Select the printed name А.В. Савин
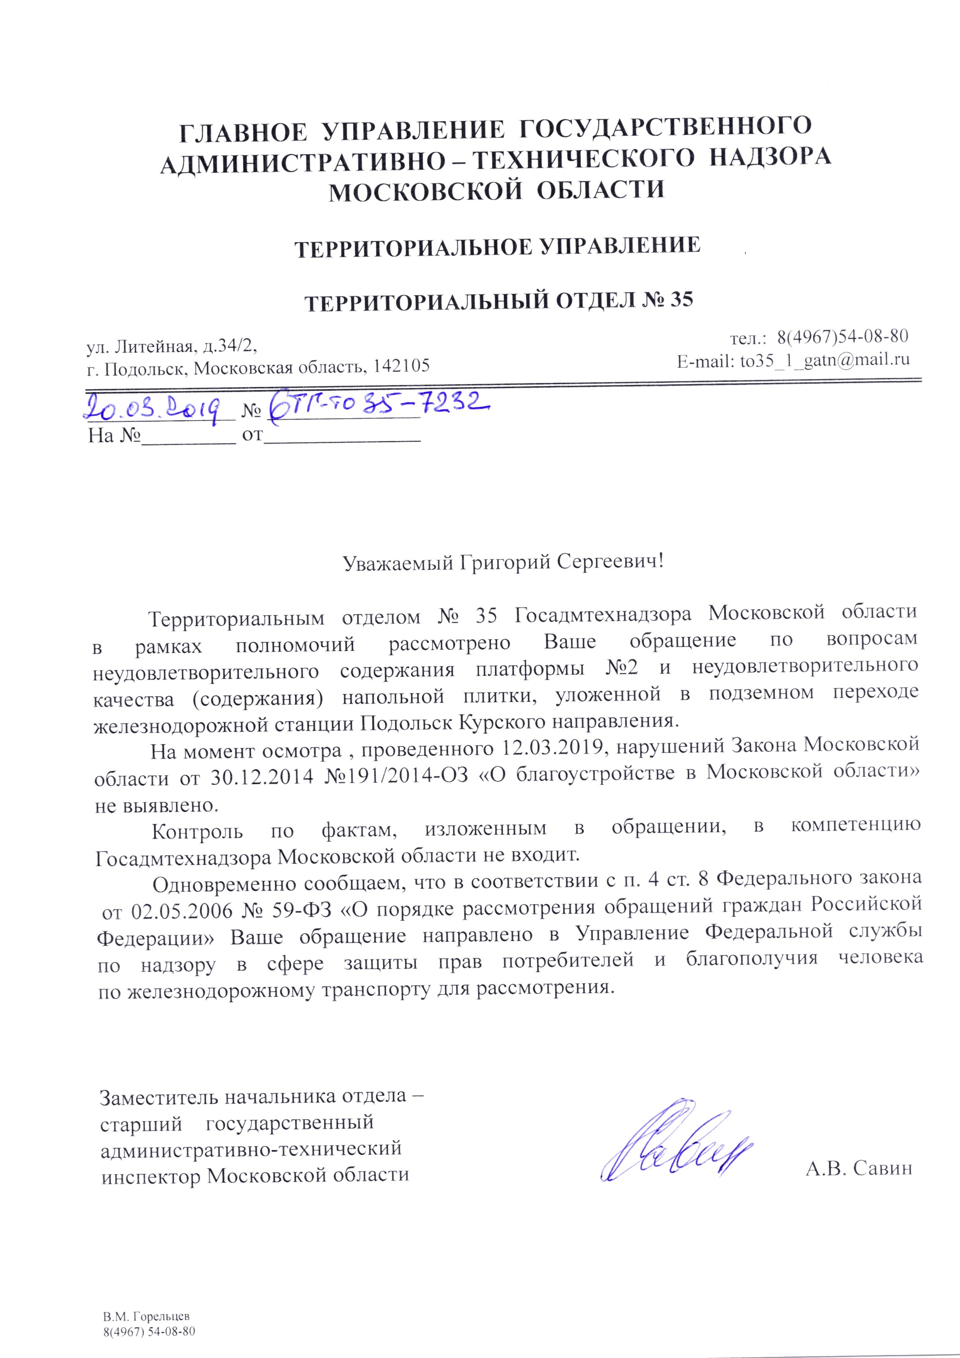(x=858, y=1168)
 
